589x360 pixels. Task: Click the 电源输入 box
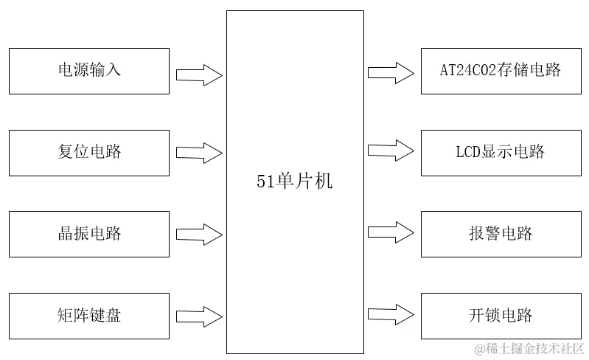pos(88,71)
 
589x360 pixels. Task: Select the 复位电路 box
pos(88,153)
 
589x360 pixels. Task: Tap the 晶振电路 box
pos(88,234)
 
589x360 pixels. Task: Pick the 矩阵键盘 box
pos(88,316)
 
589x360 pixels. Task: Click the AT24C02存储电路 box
pos(501,71)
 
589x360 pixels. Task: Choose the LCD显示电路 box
pos(501,153)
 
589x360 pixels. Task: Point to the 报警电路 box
pos(501,234)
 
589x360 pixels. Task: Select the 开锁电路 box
pos(501,316)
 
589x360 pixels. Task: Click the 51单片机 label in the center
pos(294,181)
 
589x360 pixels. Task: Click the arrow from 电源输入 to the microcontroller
pos(199,74)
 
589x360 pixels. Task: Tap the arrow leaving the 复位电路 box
pos(199,153)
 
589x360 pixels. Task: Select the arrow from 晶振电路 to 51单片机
pos(199,234)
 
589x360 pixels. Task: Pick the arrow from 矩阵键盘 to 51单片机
pos(199,316)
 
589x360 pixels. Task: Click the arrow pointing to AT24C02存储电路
pos(391,72)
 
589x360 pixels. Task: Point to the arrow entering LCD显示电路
pos(391,150)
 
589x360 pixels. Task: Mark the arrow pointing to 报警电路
pos(391,232)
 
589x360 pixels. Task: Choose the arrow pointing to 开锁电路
pos(391,313)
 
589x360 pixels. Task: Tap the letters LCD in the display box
pos(467,153)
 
